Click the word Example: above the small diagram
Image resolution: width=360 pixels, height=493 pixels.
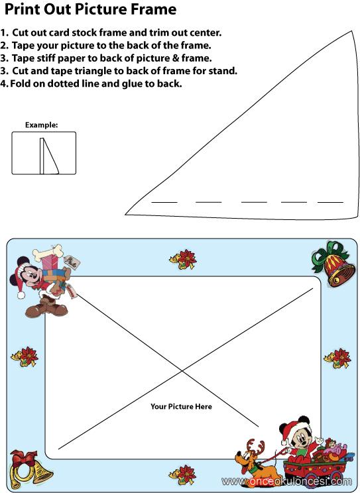pyautogui.click(x=42, y=125)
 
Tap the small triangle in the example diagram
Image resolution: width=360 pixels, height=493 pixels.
pyautogui.click(x=50, y=156)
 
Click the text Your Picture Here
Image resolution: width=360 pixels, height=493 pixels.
pyautogui.click(x=181, y=407)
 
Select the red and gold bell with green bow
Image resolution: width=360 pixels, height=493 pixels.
pyautogui.click(x=333, y=264)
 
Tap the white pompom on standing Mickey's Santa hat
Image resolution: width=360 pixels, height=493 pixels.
pyautogui.click(x=21, y=295)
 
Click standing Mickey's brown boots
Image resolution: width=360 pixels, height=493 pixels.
pyautogui.click(x=46, y=306)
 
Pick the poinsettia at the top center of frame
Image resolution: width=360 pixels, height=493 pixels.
pyautogui.click(x=183, y=259)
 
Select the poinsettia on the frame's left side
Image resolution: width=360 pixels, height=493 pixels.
pyautogui.click(x=25, y=356)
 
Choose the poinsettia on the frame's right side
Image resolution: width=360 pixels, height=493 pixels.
pyautogui.click(x=337, y=358)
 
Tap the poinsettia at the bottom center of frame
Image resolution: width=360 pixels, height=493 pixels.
pyautogui.click(x=183, y=474)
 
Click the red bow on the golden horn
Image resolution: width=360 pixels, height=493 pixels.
pyautogui.click(x=25, y=459)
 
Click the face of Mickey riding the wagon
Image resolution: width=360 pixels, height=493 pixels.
pyautogui.click(x=301, y=437)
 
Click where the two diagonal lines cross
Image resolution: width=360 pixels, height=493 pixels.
pyautogui.click(x=182, y=372)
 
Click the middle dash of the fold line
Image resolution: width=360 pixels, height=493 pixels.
pyautogui.click(x=254, y=202)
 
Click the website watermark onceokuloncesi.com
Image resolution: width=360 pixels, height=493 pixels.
pyautogui.click(x=286, y=481)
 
